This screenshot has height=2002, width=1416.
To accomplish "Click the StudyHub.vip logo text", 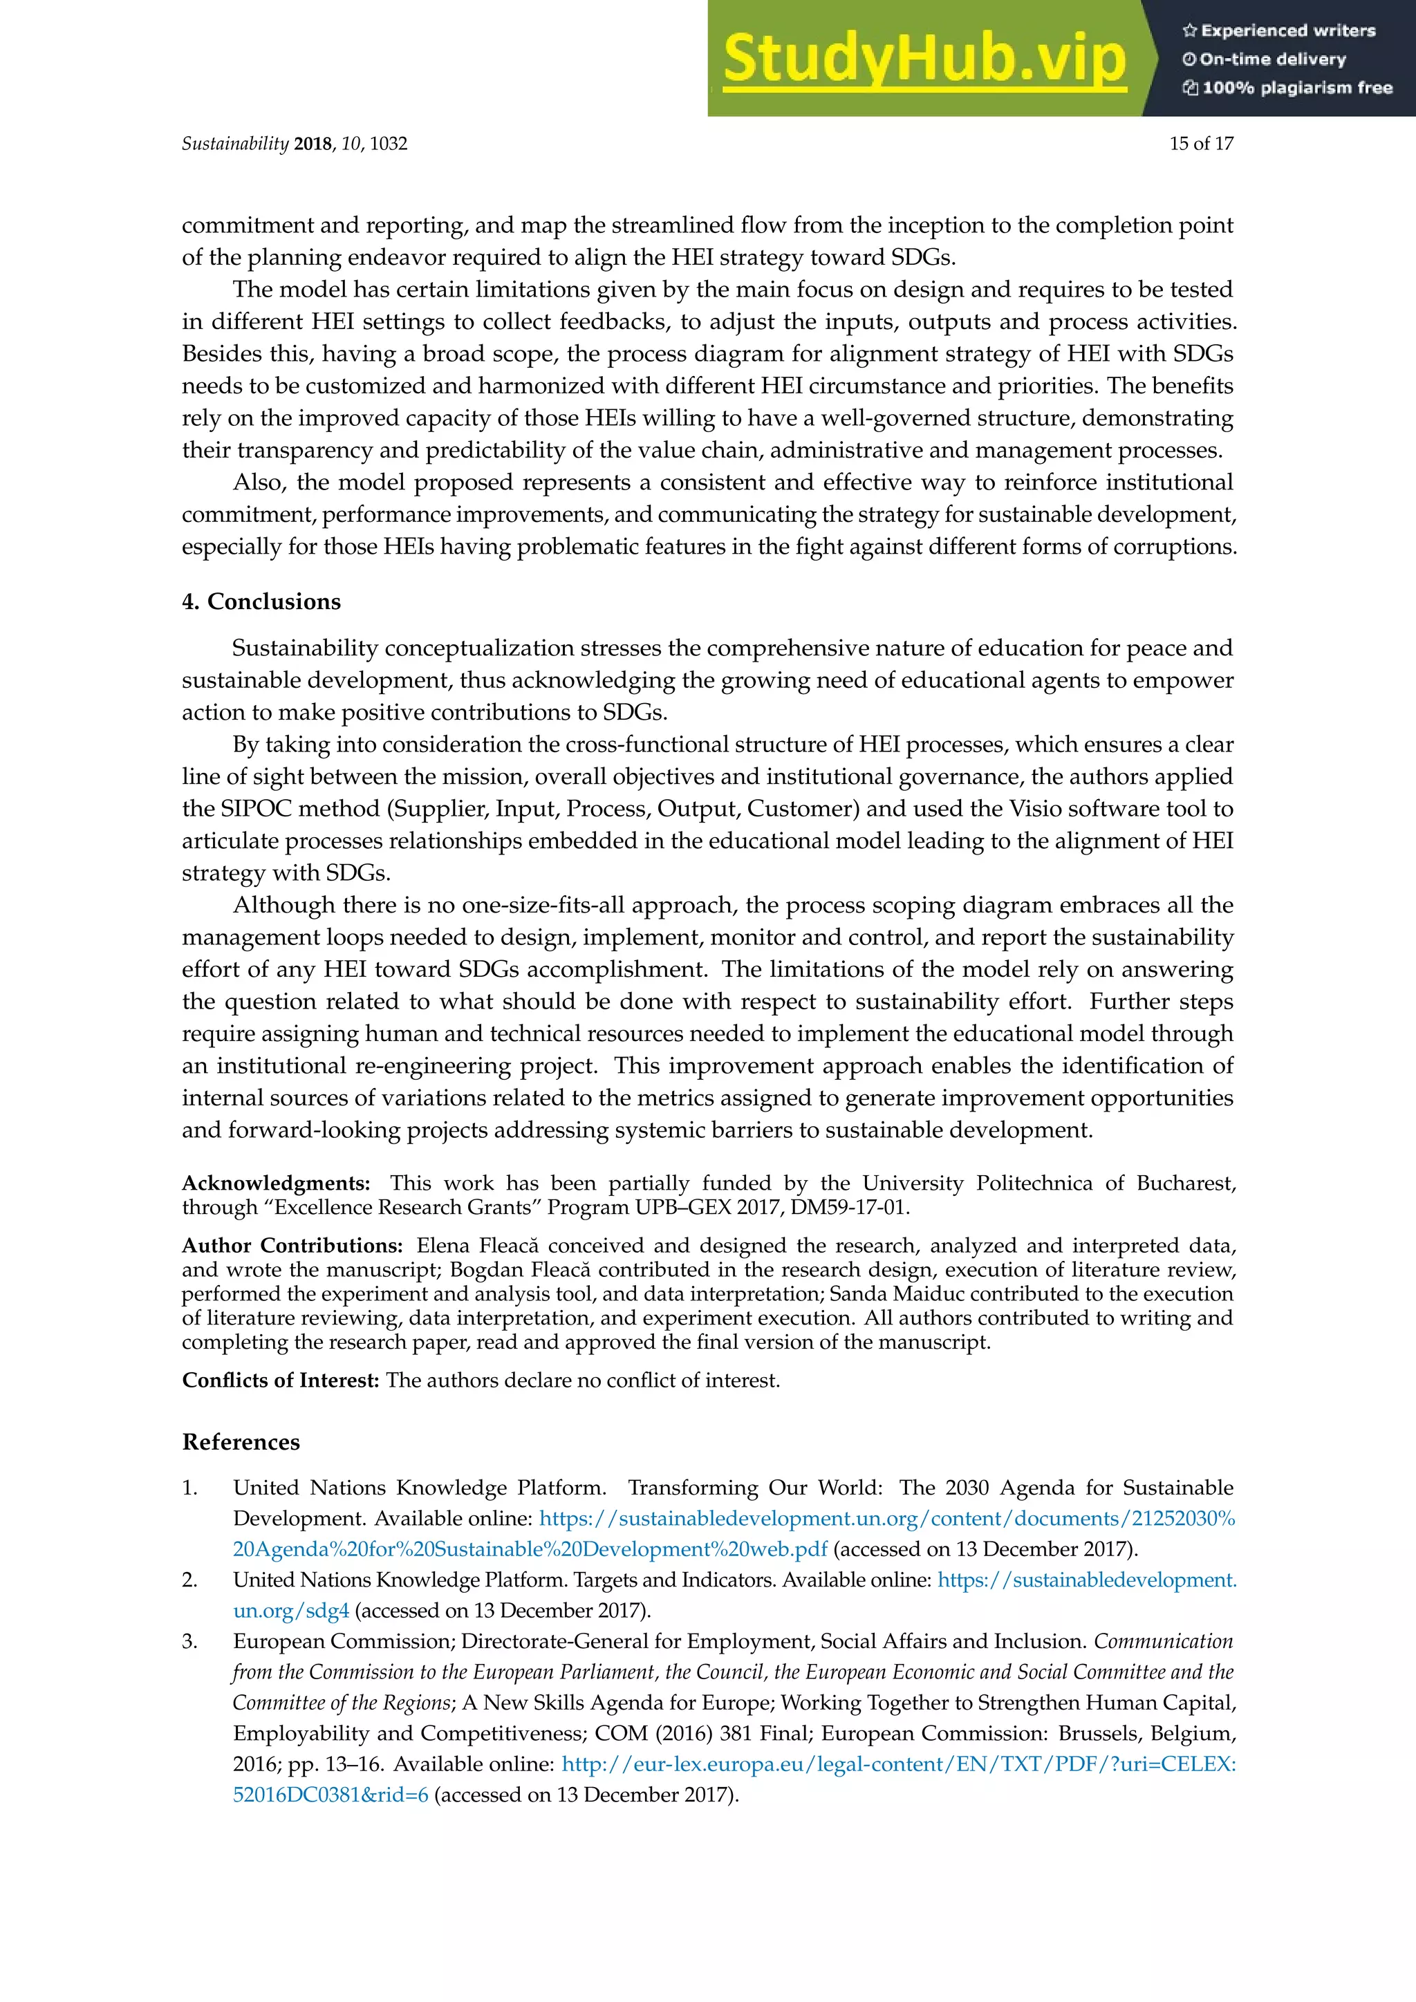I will pyautogui.click(x=924, y=59).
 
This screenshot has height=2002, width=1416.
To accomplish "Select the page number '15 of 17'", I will pyautogui.click(x=1201, y=144).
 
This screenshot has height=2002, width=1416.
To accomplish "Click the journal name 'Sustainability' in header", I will pyautogui.click(x=234, y=144).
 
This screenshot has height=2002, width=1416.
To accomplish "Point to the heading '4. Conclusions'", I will pyautogui.click(x=261, y=601).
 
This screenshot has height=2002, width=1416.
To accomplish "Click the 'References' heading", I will pyautogui.click(x=241, y=1441).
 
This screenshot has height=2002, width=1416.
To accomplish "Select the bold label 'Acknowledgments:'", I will pyautogui.click(x=276, y=1184).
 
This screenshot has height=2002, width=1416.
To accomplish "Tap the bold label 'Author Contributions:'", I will pyautogui.click(x=292, y=1245).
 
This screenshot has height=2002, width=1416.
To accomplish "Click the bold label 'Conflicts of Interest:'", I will pyautogui.click(x=280, y=1381).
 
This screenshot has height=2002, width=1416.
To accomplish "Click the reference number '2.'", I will pyautogui.click(x=189, y=1580).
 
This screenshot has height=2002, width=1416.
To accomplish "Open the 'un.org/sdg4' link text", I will pyautogui.click(x=290, y=1611).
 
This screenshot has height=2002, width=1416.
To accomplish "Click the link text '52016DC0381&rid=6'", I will pyautogui.click(x=330, y=1795).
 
